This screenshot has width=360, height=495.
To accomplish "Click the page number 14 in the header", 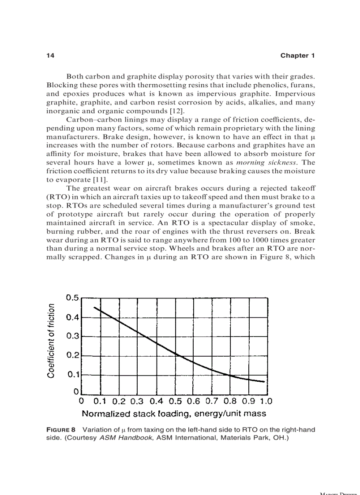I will pos(50,56).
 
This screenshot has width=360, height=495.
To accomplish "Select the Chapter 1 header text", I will pos(297,56).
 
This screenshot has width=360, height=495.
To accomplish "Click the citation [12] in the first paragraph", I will pos(178,111).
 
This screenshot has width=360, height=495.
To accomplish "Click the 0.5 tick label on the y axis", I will pos(72,298).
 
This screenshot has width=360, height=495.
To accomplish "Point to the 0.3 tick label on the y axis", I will pos(72,336).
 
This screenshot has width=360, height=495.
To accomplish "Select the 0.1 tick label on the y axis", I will pos(72,375).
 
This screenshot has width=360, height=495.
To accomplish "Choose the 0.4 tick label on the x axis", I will pos(156,402).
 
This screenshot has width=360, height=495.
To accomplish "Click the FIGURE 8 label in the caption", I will pos(61,430).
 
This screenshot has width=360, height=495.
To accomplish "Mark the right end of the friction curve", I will pos(264,382).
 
